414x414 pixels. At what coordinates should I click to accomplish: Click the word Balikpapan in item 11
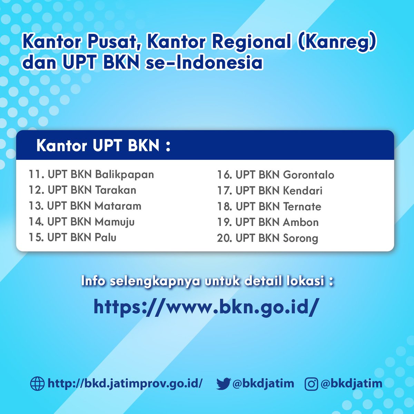[124, 175]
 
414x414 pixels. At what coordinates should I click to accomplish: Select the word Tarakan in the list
[115, 190]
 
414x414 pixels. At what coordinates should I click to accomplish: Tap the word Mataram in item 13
[118, 206]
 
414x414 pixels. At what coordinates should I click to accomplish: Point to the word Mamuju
[115, 222]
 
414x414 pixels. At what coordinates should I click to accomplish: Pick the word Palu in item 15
[106, 237]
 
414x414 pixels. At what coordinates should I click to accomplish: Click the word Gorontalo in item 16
[308, 175]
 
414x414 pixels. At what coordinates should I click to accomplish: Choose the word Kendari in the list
[303, 191]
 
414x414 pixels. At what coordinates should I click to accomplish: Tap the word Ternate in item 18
[302, 207]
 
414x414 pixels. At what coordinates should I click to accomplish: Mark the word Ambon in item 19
[300, 223]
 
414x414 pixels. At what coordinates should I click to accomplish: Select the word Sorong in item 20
[300, 238]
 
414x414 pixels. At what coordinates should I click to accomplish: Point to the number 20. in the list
[225, 238]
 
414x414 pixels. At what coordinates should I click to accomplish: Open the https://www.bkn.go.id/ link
[205, 306]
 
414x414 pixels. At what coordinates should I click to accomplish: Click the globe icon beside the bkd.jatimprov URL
[37, 383]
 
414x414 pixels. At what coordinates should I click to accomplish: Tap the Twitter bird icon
[223, 384]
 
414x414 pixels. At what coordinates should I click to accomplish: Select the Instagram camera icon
[311, 384]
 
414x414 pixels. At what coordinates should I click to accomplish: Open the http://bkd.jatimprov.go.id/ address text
[125, 383]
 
